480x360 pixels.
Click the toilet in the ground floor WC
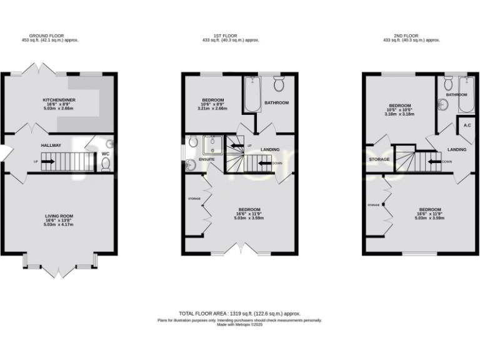pyautogui.click(x=106, y=164)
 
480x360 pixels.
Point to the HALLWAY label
pyautogui.click(x=51, y=145)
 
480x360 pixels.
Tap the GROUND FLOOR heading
pyautogui.click(x=58, y=36)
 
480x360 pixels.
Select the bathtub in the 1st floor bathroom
pyautogui.click(x=252, y=94)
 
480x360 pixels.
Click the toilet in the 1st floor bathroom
pyautogui.click(x=279, y=82)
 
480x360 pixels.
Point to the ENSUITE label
pyautogui.click(x=207, y=159)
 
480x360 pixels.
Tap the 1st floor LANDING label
pyautogui.click(x=270, y=149)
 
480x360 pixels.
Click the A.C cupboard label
pyautogui.click(x=466, y=125)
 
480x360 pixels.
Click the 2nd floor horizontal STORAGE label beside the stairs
pyautogui.click(x=379, y=159)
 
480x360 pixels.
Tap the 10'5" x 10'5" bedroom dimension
pyautogui.click(x=400, y=109)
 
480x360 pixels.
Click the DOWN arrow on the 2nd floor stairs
pyautogui.click(x=432, y=162)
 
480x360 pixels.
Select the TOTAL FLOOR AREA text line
pyautogui.click(x=240, y=313)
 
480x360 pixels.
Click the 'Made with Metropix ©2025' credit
pyautogui.click(x=240, y=324)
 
